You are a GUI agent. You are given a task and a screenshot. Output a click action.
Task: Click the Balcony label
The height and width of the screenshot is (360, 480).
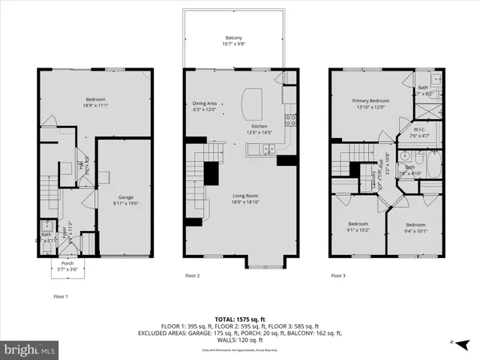click(x=234, y=38)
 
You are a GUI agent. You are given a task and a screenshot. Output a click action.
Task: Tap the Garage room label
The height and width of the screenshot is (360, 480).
click(x=124, y=197)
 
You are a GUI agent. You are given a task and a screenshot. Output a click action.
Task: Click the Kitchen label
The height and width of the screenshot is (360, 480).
click(x=259, y=126)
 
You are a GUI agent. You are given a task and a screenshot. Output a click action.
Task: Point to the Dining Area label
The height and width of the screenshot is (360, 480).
click(x=204, y=103)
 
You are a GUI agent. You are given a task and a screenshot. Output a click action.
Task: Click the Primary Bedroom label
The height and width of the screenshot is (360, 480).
click(x=371, y=100)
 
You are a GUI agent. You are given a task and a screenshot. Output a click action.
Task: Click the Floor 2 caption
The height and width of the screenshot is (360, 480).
click(x=193, y=275)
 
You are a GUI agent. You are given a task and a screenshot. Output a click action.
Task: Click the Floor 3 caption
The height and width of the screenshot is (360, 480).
click(x=339, y=275)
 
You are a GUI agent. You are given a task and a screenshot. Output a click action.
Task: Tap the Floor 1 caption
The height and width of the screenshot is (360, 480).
click(x=61, y=295)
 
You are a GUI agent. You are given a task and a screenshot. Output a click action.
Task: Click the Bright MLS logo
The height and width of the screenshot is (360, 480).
click(x=30, y=349)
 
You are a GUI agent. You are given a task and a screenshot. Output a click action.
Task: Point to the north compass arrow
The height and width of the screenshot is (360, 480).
click(x=463, y=343)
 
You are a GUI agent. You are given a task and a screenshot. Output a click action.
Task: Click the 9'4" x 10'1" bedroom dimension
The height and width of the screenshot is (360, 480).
click(x=415, y=231)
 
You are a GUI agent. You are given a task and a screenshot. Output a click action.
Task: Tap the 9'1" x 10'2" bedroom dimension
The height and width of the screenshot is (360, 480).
click(x=358, y=231)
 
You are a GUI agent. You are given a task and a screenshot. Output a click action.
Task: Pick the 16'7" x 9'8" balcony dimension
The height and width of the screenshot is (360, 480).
click(x=234, y=45)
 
